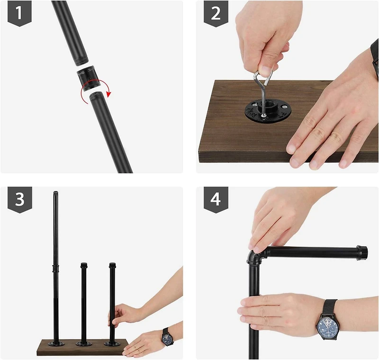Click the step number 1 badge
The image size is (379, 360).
click(19, 13)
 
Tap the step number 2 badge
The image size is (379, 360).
click(216, 13)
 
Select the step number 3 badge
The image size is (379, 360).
click(19, 199)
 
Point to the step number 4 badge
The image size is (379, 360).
click(216, 199)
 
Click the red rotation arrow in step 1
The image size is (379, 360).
click(95, 91)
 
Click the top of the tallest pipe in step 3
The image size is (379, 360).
click(55, 194)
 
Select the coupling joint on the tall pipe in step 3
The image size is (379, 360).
click(55, 269)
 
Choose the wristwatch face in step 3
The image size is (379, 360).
click(167, 338)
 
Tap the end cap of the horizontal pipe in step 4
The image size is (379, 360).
click(362, 252)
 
